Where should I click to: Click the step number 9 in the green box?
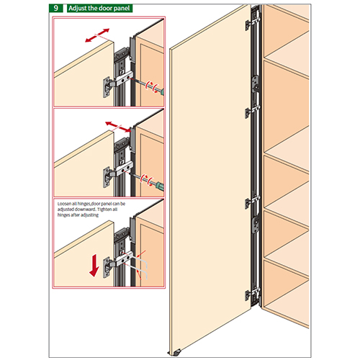tap(55, 8)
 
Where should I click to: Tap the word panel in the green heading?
tap(122, 9)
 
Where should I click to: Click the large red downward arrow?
tap(94, 266)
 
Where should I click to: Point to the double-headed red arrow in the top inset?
tap(97, 35)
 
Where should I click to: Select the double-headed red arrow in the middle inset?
tap(118, 127)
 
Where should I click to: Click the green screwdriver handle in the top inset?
tap(162, 91)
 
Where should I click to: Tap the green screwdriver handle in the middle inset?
tap(160, 186)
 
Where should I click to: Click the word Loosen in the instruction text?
tap(64, 204)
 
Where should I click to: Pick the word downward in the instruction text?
tap(86, 210)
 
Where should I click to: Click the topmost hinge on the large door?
tap(252, 23)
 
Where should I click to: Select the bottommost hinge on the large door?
tap(252, 294)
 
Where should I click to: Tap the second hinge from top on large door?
tap(252, 112)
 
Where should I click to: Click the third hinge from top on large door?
tap(252, 202)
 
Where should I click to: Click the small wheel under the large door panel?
tap(178, 352)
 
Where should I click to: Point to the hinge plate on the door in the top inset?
tap(107, 87)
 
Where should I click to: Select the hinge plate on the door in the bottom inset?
tap(107, 267)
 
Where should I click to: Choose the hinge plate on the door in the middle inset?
tap(107, 178)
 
